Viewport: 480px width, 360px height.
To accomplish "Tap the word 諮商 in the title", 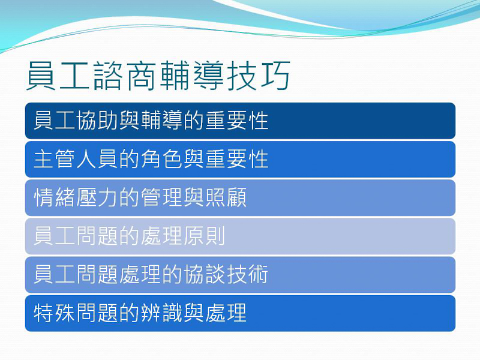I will [x=125, y=77].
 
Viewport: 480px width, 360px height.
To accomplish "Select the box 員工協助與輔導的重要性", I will [x=240, y=121].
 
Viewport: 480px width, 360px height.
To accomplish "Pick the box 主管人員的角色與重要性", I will [x=240, y=160].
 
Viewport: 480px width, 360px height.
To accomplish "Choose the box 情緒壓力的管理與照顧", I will [x=240, y=198].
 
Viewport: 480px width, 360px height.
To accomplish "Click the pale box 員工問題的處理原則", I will [x=240, y=236].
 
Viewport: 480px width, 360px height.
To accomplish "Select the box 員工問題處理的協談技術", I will [x=240, y=275].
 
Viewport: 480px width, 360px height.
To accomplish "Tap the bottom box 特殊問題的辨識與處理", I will [x=240, y=313].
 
